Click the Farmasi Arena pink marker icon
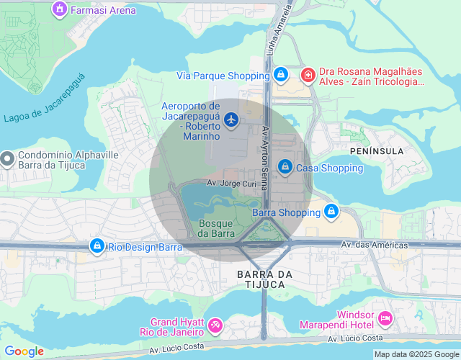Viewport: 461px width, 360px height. pos(60,10)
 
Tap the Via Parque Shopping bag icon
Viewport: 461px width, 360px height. pos(282,75)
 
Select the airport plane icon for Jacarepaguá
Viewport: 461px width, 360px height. pos(231,120)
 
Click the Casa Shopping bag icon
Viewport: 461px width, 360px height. pos(285,167)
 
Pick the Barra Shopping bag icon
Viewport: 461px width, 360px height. pos(331,212)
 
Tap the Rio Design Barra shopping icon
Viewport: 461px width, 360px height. pos(97,247)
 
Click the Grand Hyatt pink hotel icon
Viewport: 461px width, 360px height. pos(215,326)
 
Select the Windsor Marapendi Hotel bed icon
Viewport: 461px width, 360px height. pos(385,318)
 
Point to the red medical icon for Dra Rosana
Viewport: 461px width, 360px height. pos(308,75)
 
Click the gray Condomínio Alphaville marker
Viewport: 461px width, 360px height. pos(7,158)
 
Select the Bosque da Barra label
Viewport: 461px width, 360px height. pos(215,228)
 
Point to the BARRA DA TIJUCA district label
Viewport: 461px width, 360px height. pos(265,279)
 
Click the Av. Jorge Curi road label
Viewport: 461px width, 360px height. pos(231,184)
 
